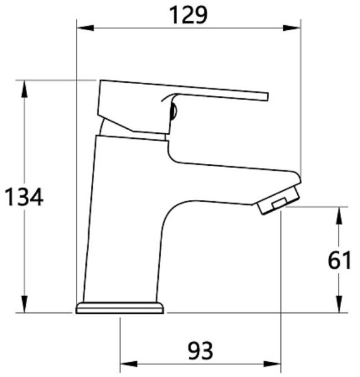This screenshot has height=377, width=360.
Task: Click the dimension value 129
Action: click(x=188, y=15)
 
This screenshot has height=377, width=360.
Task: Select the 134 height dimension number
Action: click(x=24, y=197)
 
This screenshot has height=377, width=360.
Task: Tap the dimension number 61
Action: click(x=339, y=260)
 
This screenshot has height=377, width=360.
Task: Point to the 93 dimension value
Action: click(x=200, y=351)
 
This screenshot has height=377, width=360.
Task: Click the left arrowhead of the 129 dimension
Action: click(x=85, y=28)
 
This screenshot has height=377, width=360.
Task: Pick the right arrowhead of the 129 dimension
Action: click(x=292, y=28)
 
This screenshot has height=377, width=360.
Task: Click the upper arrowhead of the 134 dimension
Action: click(x=24, y=89)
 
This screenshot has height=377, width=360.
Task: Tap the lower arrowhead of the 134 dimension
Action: click(x=24, y=304)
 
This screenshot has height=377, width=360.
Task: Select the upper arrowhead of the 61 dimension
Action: click(x=339, y=216)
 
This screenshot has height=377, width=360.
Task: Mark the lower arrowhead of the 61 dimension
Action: click(x=339, y=304)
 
